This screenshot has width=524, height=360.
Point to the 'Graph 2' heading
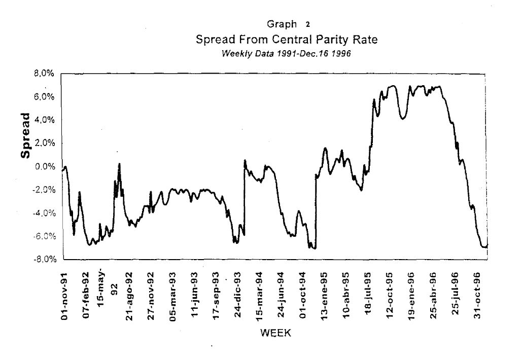[x=287, y=24]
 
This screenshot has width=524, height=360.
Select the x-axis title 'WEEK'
[x=274, y=333]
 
